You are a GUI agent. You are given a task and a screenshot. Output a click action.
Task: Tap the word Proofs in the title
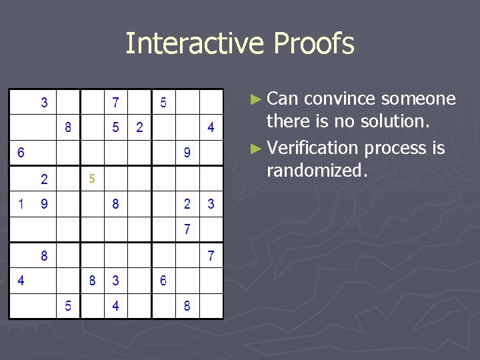click(312, 44)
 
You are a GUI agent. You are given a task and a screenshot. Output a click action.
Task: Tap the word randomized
click(316, 171)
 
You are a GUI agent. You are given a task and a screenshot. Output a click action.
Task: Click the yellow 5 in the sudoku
click(93, 179)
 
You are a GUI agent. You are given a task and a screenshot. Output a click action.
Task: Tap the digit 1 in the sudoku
click(21, 204)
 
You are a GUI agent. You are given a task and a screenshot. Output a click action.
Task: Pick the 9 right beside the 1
click(45, 204)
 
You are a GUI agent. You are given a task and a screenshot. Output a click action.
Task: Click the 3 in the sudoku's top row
click(45, 103)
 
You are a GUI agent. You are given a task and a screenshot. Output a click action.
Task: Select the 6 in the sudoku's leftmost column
click(21, 153)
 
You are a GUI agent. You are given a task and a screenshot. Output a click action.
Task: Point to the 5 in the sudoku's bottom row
click(68, 307)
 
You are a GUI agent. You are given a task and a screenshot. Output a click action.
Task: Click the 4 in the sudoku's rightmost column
click(211, 127)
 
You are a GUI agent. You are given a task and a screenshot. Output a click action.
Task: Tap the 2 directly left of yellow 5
click(45, 179)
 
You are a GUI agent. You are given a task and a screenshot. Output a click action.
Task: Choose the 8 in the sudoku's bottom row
click(187, 307)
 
